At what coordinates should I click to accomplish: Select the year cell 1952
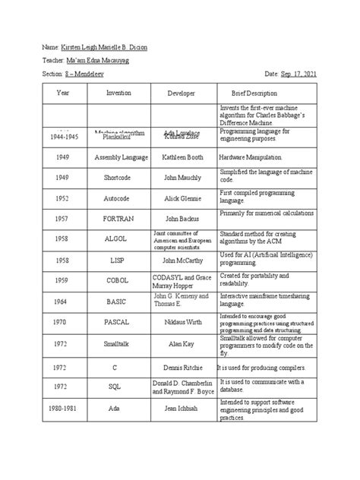coord(62,197)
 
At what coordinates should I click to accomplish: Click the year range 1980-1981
coord(62,407)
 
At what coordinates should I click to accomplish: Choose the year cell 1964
coord(62,300)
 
